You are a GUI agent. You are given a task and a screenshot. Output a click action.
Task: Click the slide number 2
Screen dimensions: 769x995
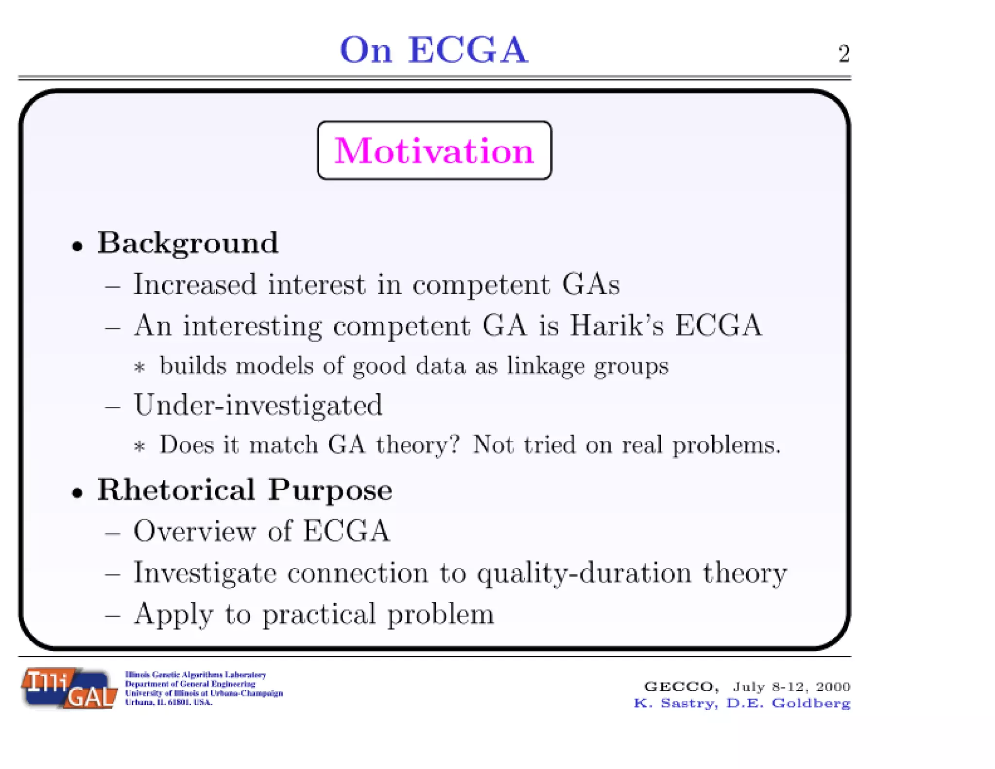pos(844,53)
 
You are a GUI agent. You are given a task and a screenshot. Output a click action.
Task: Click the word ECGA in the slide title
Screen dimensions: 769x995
pos(468,50)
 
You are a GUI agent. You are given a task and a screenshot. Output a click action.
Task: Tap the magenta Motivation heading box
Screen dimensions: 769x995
pos(434,151)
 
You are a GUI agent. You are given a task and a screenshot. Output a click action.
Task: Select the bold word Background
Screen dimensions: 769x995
pos(188,243)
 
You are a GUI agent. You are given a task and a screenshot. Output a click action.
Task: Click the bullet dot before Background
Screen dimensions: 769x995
pos(77,246)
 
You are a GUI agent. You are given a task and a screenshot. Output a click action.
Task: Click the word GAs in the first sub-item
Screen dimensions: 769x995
pos(591,284)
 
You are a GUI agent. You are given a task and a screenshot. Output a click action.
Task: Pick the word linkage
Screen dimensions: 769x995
pos(546,366)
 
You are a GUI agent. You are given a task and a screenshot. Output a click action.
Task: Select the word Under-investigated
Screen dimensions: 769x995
pos(258,405)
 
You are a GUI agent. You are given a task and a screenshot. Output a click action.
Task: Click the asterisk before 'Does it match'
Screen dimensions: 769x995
pos(140,446)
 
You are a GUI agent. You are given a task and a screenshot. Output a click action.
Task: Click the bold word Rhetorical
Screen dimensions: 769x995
pos(176,489)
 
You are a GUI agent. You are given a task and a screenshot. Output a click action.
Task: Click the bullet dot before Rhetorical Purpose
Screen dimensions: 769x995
pos(77,493)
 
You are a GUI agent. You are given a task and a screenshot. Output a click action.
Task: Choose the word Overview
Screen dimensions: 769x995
pos(194,531)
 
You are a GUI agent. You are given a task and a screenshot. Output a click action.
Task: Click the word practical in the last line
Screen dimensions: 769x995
pos(319,614)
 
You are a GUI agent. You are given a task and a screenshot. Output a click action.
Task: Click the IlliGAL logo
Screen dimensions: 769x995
pos(69,688)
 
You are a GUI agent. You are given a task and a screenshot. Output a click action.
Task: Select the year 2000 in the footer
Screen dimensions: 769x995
pos(833,687)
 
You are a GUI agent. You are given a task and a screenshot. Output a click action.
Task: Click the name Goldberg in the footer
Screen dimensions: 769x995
pos(811,703)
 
